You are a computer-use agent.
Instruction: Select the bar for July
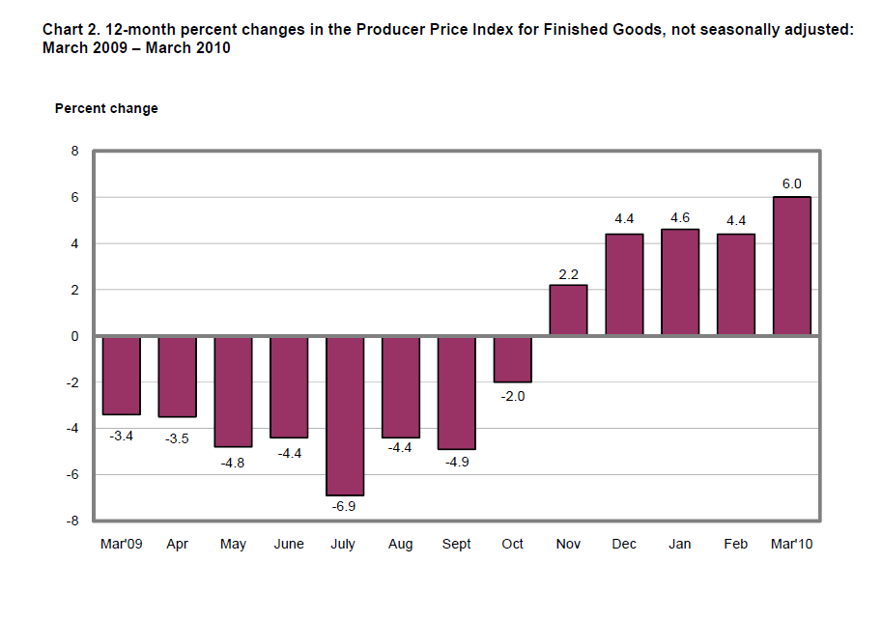[x=345, y=415]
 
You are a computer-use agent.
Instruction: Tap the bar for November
[x=568, y=310]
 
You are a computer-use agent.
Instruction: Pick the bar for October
[x=512, y=359]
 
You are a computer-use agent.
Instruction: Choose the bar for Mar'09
[x=122, y=375]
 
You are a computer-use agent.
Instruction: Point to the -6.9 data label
[x=345, y=506]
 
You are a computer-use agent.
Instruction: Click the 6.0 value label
[x=792, y=183]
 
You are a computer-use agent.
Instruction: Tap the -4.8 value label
[x=233, y=462]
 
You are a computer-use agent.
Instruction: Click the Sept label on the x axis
[x=456, y=545]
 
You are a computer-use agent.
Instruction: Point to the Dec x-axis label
[x=624, y=545]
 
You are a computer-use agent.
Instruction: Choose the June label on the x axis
[x=289, y=545]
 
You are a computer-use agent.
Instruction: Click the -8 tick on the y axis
[x=71, y=521]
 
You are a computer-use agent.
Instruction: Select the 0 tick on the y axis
[x=73, y=336]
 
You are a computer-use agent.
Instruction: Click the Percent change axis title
[x=106, y=109]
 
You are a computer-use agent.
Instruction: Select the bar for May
[x=233, y=391]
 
